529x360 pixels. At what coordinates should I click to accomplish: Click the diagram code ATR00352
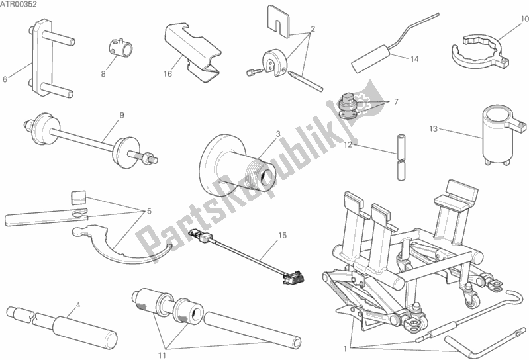(19, 5)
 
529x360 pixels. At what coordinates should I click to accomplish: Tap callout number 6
(5, 79)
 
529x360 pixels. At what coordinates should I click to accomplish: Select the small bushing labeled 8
(120, 48)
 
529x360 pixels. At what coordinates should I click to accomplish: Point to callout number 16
(168, 74)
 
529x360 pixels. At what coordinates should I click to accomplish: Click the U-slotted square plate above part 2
(279, 21)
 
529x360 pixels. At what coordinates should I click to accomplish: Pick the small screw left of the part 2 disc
(255, 71)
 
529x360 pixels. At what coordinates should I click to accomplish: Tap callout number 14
(414, 59)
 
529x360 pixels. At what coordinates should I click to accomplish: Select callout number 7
(396, 101)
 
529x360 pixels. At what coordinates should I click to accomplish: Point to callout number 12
(348, 145)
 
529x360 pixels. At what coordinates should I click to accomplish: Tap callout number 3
(278, 134)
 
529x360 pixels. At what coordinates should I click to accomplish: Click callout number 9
(122, 115)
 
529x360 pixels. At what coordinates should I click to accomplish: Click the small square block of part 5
(79, 197)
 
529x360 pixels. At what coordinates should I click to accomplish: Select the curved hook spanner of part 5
(121, 246)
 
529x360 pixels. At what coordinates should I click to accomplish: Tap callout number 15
(283, 236)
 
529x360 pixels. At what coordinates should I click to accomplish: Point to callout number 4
(78, 306)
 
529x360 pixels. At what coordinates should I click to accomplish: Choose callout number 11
(162, 355)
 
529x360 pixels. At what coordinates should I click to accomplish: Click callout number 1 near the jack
(345, 349)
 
